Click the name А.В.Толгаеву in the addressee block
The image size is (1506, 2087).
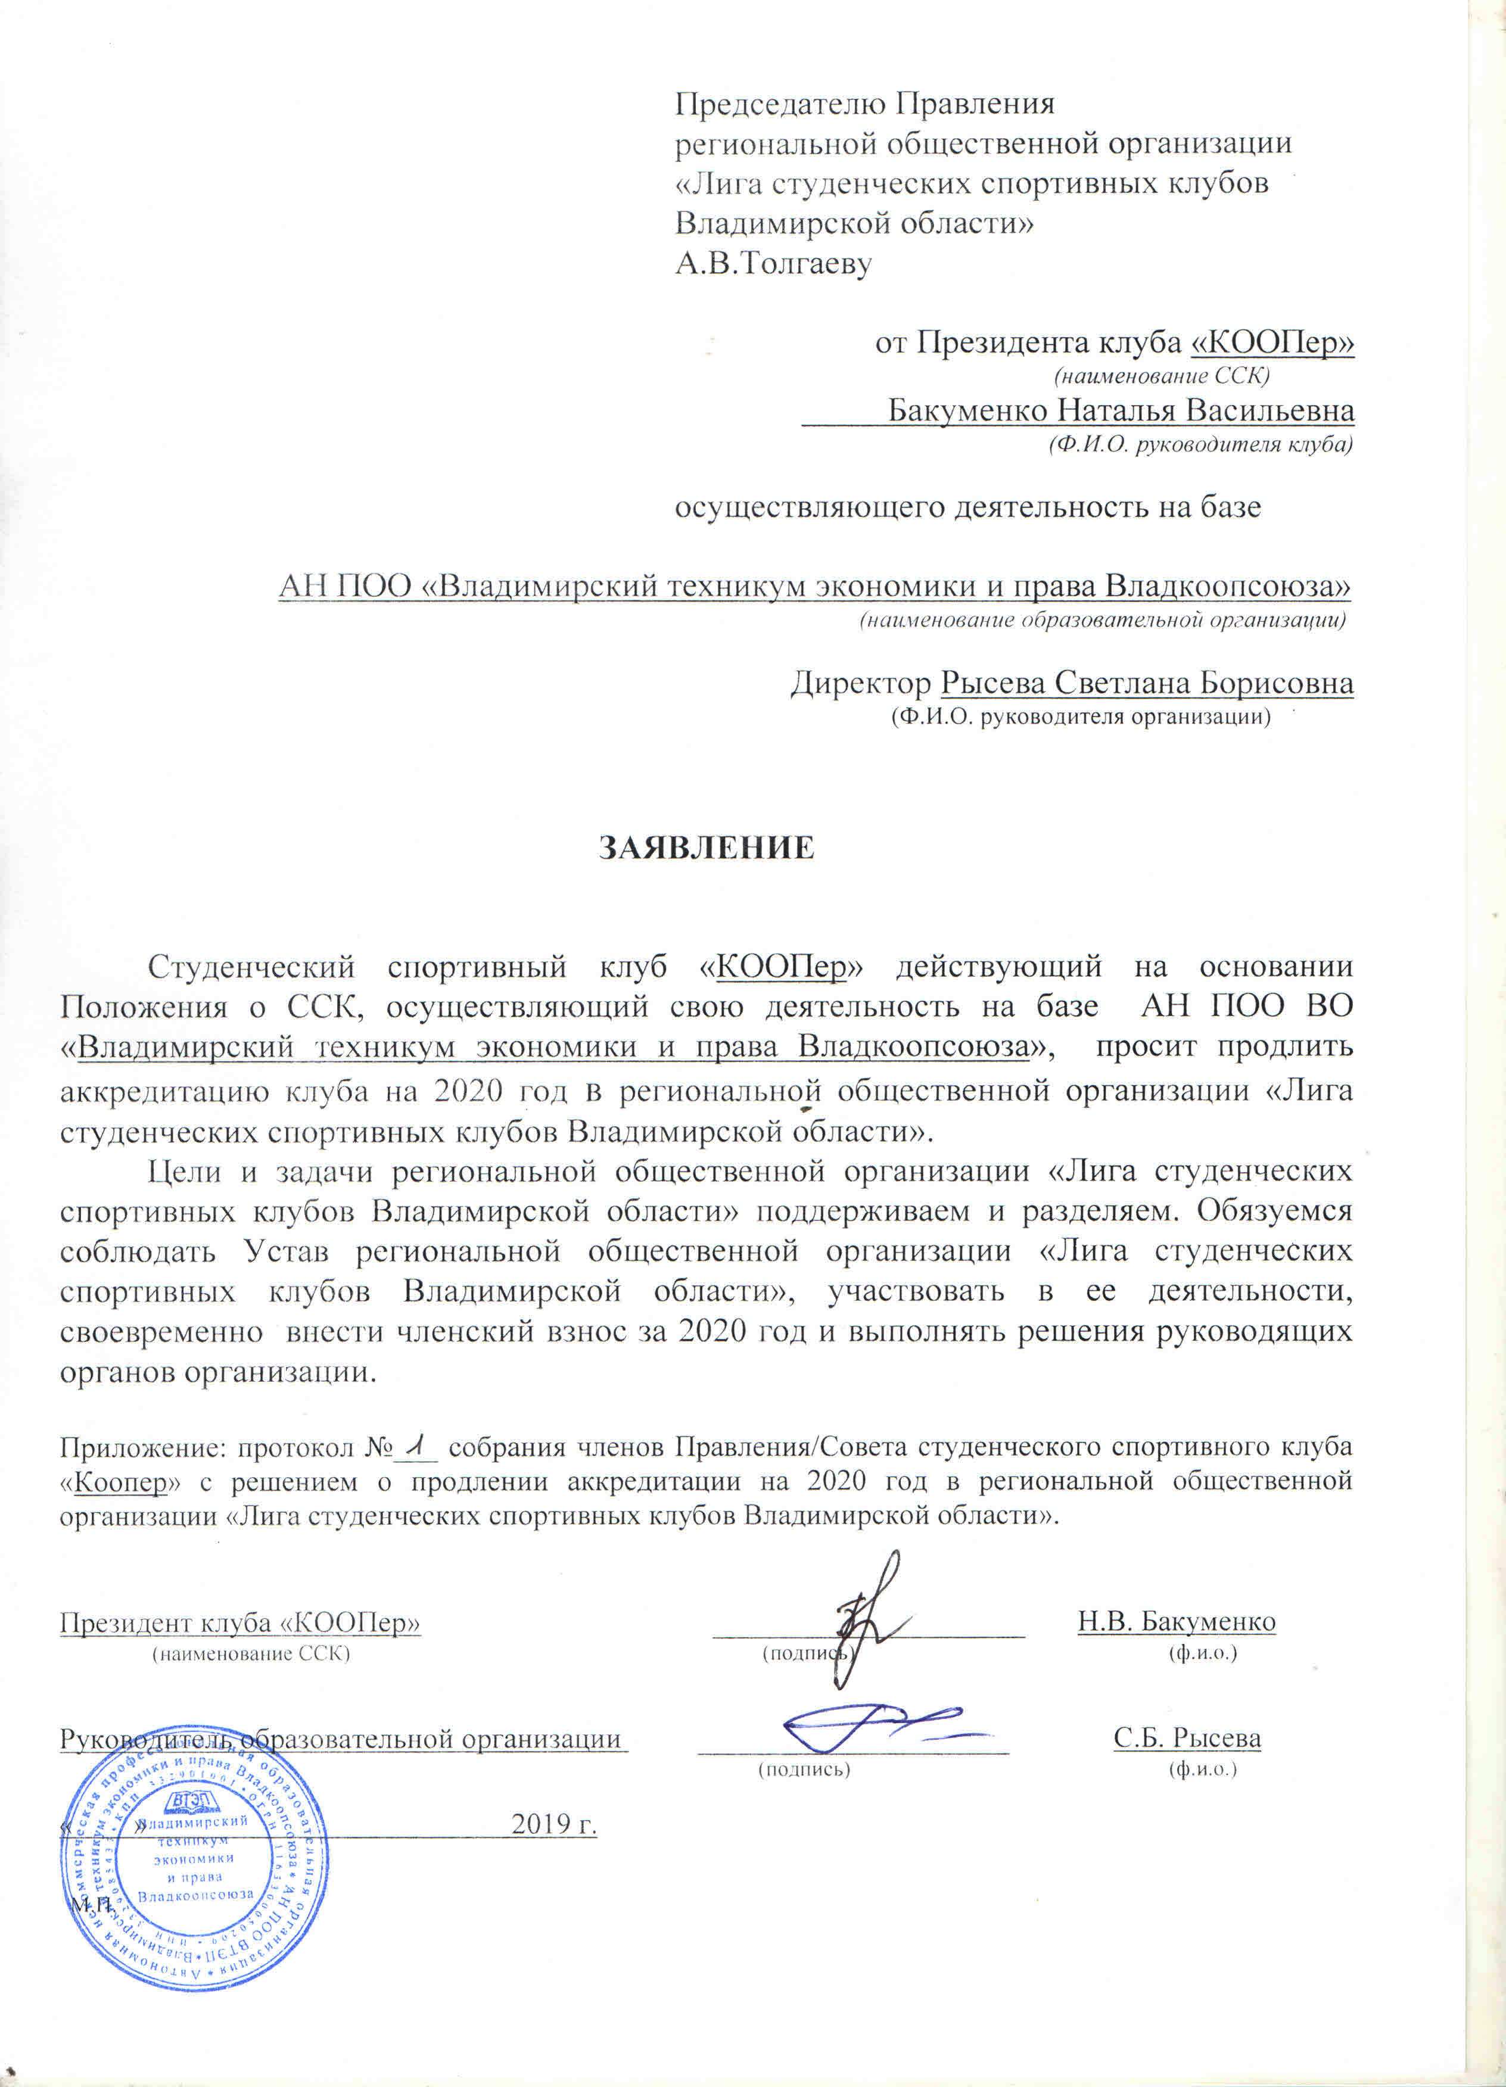tap(773, 264)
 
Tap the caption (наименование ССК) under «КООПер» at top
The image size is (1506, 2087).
tap(1161, 375)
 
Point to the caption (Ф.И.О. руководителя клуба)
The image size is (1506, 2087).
tap(1200, 446)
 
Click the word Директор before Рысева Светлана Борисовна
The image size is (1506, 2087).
tap(861, 684)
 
